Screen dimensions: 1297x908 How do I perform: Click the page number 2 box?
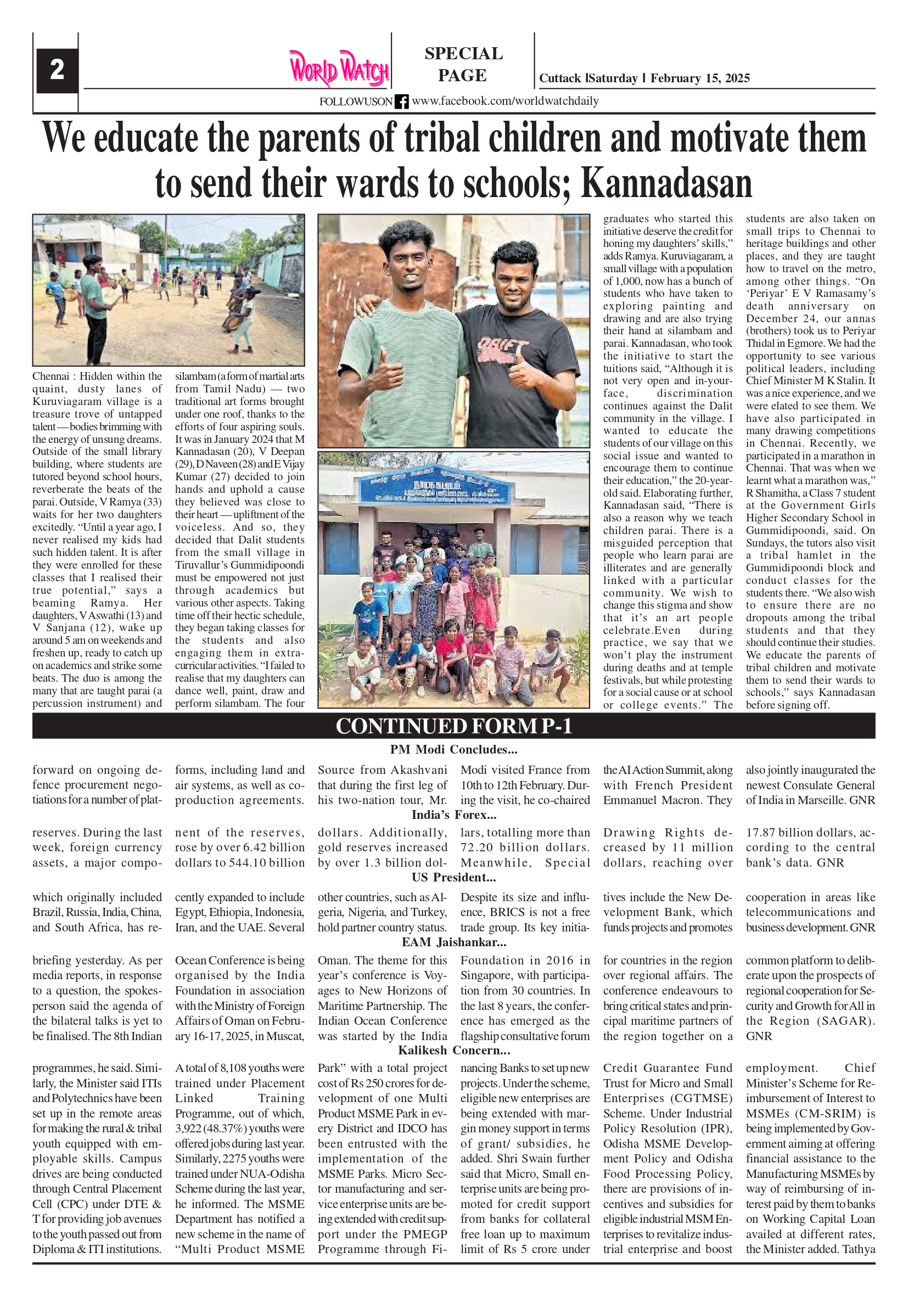(x=57, y=70)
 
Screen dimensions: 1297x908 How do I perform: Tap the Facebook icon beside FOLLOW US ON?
(x=401, y=102)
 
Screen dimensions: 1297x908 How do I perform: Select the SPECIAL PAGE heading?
(x=463, y=64)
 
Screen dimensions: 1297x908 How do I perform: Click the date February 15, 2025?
(x=700, y=78)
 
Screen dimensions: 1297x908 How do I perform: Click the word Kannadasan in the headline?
(x=667, y=183)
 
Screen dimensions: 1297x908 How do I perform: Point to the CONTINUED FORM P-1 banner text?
(x=453, y=726)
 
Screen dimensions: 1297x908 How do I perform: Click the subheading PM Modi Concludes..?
(x=453, y=750)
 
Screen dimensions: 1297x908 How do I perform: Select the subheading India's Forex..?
(x=453, y=815)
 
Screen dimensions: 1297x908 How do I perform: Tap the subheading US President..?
(x=453, y=877)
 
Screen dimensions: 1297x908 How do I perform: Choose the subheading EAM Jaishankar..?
(x=453, y=942)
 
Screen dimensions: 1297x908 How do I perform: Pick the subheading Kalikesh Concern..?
(x=453, y=1050)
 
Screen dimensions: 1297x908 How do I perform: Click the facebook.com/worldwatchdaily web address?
(x=505, y=101)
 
